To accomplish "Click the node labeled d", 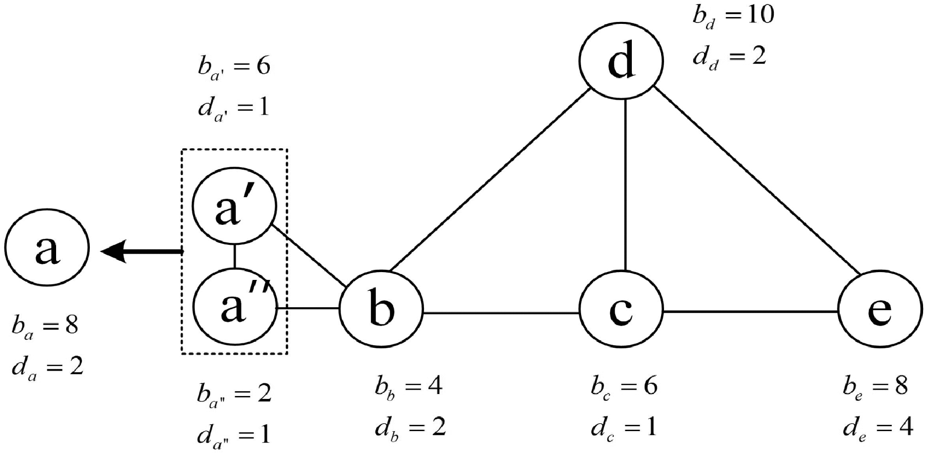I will coord(621,60).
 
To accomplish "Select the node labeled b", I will coord(381,309).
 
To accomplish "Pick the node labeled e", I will coord(880,309).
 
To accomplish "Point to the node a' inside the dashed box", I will coord(235,206).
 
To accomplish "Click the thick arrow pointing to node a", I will coord(141,252).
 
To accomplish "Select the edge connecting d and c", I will coord(625,185).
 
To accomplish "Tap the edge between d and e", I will coord(756,180).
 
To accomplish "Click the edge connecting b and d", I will coord(488,180).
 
